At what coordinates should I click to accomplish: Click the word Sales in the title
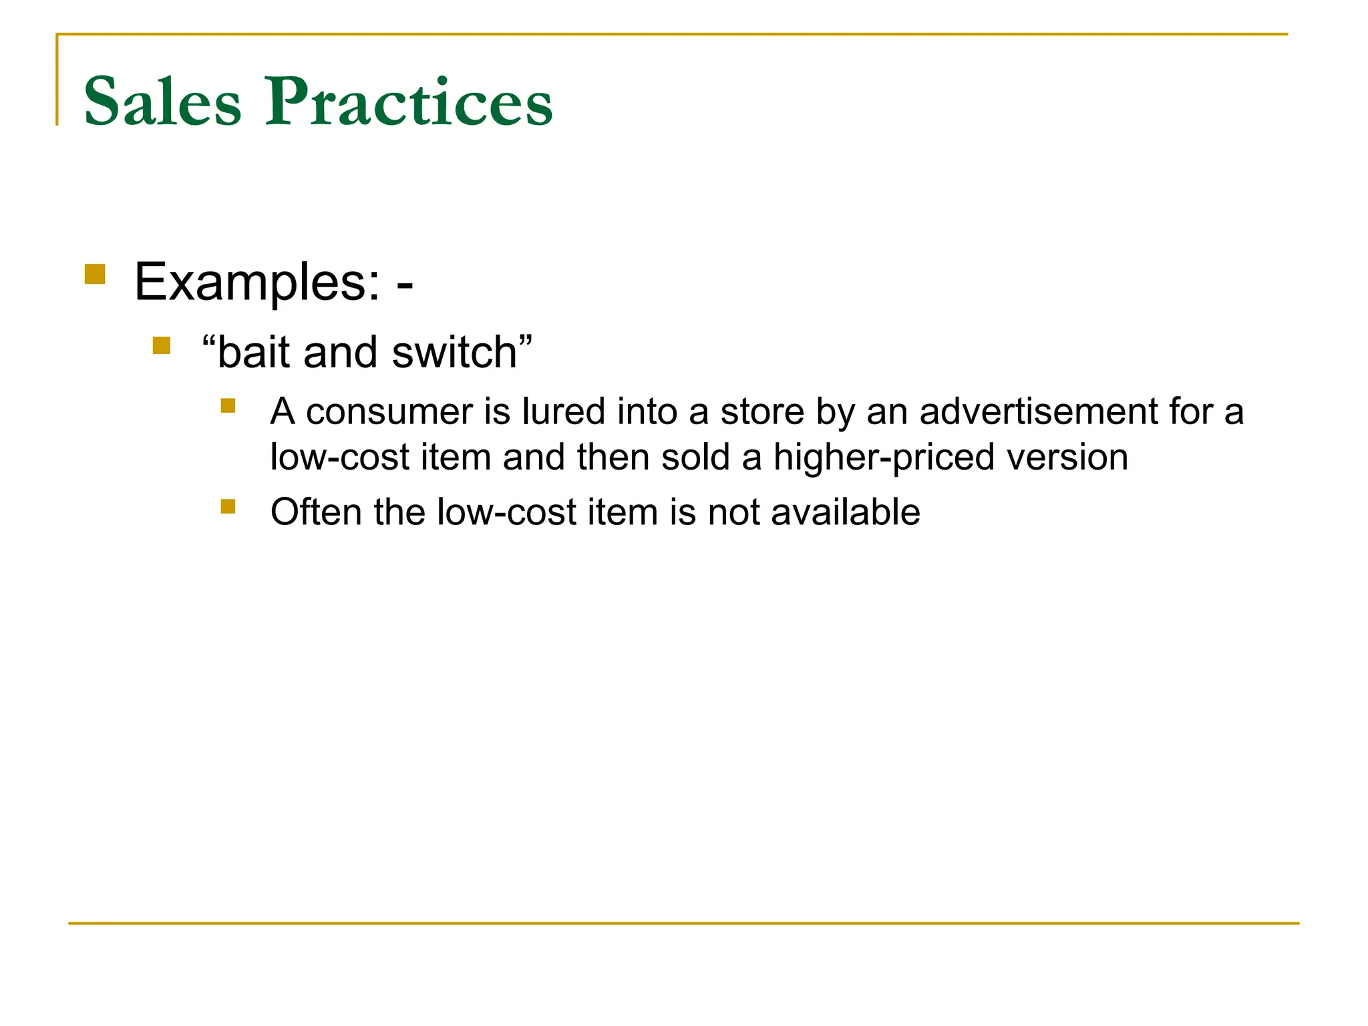162,102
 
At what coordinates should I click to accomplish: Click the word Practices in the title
409,102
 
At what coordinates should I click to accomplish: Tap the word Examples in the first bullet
256,283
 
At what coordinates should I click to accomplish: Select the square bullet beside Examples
95,275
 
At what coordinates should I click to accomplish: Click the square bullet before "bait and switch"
161,345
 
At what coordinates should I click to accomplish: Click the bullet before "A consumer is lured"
228,405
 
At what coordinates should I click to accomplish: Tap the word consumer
389,411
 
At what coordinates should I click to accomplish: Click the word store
762,411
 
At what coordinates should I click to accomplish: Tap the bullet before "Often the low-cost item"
228,506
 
